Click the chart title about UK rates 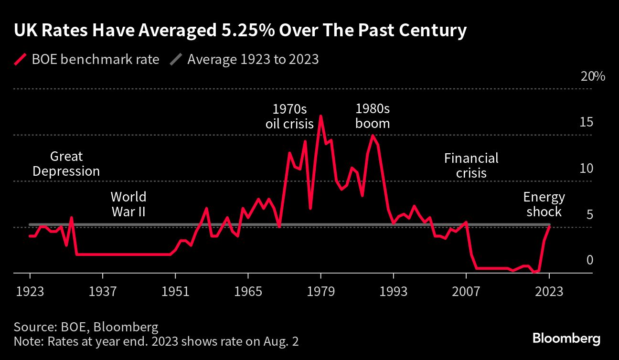(x=240, y=31)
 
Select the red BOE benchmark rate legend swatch (x=20, y=60)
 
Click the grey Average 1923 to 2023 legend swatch (x=176, y=60)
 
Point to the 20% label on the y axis (x=593, y=77)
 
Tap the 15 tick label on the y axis (x=587, y=123)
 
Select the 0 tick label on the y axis (x=589, y=260)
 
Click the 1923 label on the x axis (x=30, y=291)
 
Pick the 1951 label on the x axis (x=175, y=291)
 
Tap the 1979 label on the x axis (x=320, y=291)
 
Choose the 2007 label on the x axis (x=466, y=291)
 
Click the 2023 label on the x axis (x=549, y=291)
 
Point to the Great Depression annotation (x=66, y=164)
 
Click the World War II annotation (x=128, y=204)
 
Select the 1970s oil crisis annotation (x=289, y=116)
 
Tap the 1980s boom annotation (x=373, y=116)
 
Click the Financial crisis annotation (x=471, y=165)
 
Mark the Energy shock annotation (x=544, y=204)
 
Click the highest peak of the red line (x=320, y=116)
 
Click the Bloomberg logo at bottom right (x=566, y=339)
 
